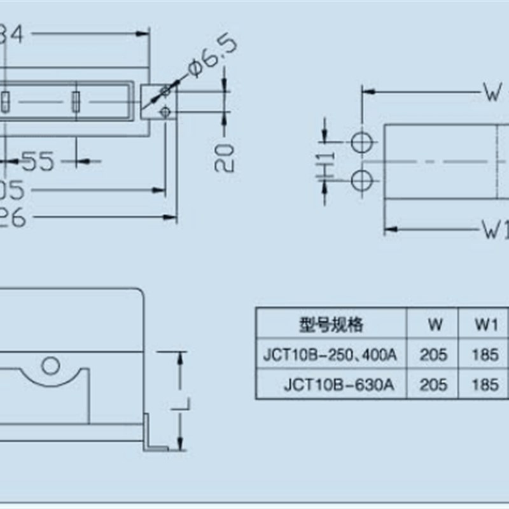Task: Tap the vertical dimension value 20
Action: click(x=225, y=157)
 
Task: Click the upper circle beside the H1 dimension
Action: click(x=361, y=141)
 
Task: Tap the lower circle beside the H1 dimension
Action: click(x=361, y=180)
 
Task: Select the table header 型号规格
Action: click(x=331, y=324)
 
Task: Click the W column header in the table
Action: click(x=435, y=324)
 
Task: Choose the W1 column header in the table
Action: click(x=485, y=324)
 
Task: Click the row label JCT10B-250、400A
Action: click(x=330, y=354)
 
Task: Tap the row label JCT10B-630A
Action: click(x=339, y=384)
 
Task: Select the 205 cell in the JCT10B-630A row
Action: click(x=434, y=384)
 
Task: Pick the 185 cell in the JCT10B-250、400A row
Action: click(x=485, y=354)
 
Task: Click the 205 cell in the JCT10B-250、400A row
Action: click(x=434, y=354)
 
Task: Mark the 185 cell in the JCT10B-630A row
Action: click(x=485, y=384)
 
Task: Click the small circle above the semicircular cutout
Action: click(x=49, y=365)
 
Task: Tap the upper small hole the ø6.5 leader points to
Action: click(x=165, y=92)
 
